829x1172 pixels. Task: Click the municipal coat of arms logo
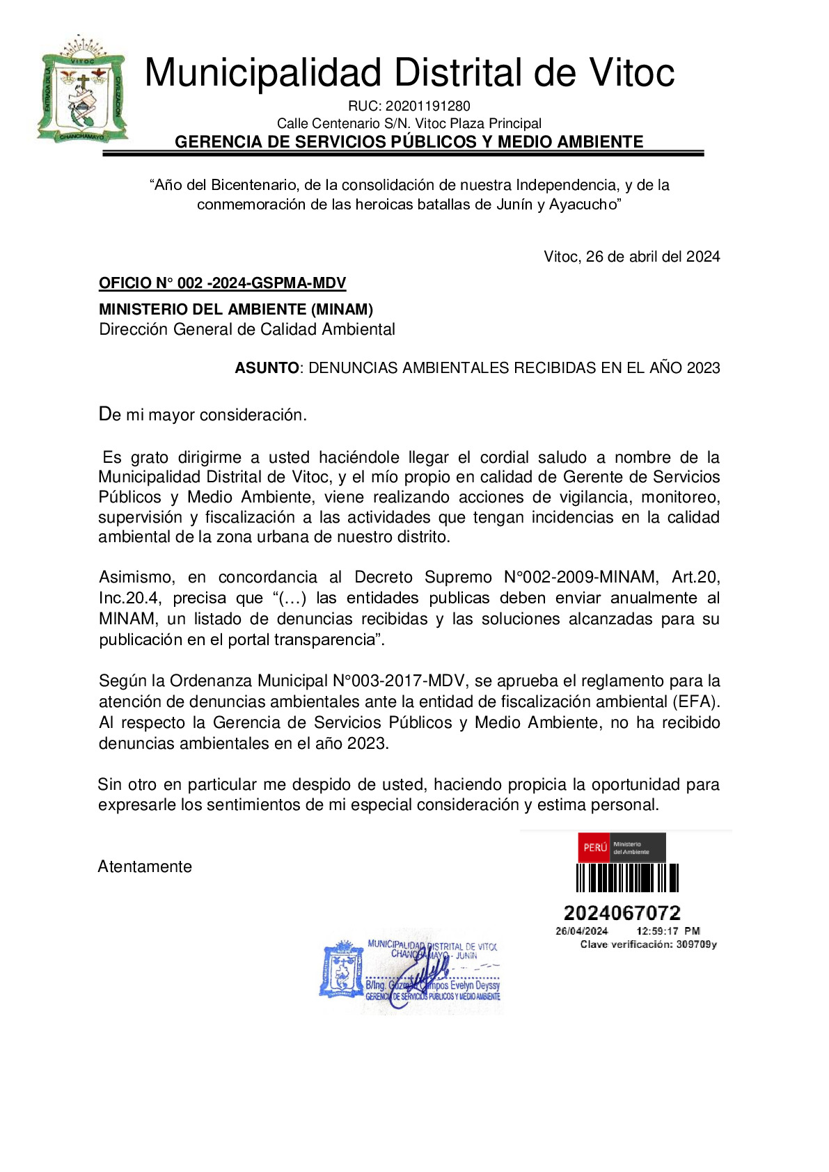pyautogui.click(x=82, y=90)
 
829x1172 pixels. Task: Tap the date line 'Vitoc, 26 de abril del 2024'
pyautogui.click(x=631, y=257)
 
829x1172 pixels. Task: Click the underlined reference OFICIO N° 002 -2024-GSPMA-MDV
pyautogui.click(x=222, y=283)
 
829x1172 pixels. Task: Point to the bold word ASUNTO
pyautogui.click(x=267, y=368)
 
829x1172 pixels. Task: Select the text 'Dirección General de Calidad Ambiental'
pyautogui.click(x=247, y=330)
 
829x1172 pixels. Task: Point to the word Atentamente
pyautogui.click(x=145, y=867)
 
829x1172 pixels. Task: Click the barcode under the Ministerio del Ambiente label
pyautogui.click(x=626, y=878)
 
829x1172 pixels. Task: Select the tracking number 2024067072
pyautogui.click(x=622, y=913)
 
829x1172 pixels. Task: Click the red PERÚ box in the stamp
pyautogui.click(x=594, y=848)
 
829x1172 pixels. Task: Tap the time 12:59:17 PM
pyautogui.click(x=668, y=931)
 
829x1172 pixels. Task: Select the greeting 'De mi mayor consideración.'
pyautogui.click(x=203, y=415)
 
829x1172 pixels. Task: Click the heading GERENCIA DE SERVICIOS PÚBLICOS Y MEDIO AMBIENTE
pyautogui.click(x=409, y=143)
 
